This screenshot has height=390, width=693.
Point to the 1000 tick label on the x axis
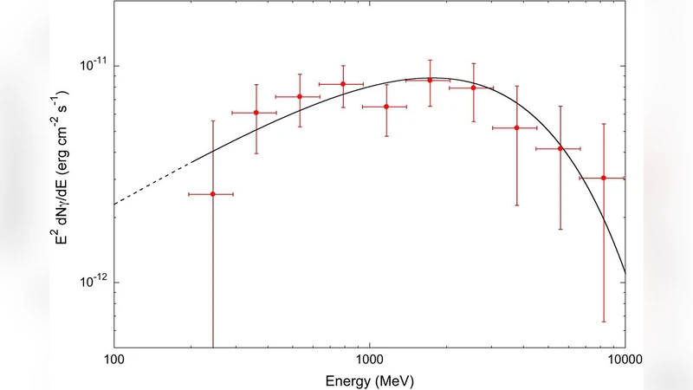point(370,358)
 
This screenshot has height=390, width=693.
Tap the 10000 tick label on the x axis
point(625,358)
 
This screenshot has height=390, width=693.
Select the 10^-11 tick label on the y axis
point(93,66)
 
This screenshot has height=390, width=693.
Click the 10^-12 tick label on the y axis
point(93,283)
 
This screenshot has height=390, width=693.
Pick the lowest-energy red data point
point(212,194)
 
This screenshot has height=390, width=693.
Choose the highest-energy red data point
point(603,178)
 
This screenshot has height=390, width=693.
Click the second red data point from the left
point(256,113)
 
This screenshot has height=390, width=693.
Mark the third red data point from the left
point(300,96)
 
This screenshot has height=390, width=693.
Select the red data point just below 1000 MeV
point(343,84)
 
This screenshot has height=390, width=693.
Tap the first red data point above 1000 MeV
point(386,107)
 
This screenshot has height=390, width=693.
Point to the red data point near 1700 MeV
point(430,80)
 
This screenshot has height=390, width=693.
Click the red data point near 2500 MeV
point(473,88)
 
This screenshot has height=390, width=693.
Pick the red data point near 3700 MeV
point(516,127)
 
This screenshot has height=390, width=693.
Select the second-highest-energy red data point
point(560,148)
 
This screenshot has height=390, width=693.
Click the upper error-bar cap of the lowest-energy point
point(212,120)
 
